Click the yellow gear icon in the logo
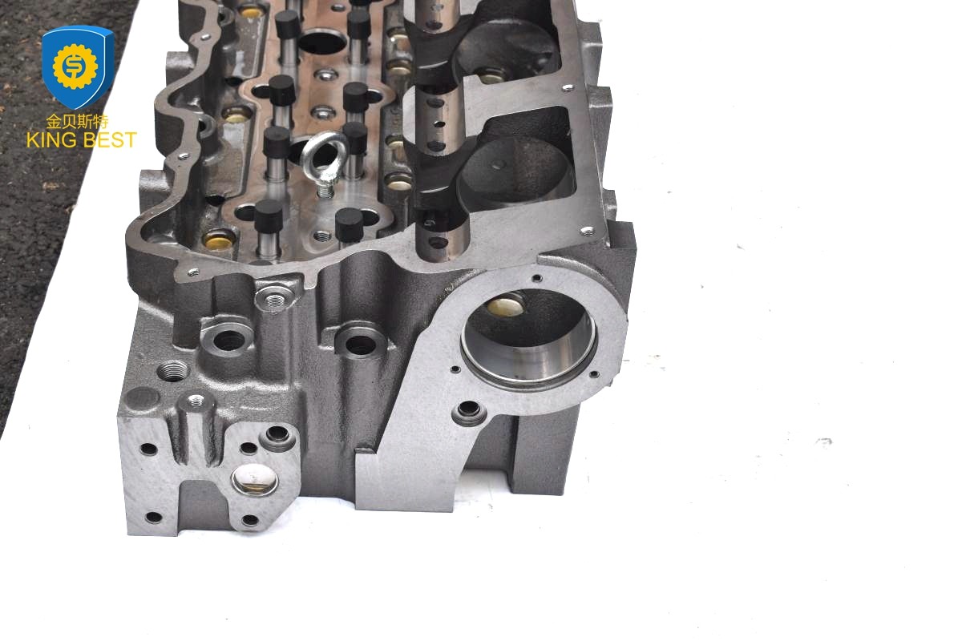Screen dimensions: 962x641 pos(75,67)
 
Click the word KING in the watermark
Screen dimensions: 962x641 pos(51,140)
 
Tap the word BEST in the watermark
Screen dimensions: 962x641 pos(110,140)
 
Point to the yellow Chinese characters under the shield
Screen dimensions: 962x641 pos(77,122)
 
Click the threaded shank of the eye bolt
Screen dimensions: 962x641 pos(325,190)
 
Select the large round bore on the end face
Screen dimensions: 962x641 pos(528,338)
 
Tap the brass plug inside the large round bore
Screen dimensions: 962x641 pos(505,306)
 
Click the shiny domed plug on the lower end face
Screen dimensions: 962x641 pos(255,480)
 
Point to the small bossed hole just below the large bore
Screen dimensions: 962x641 pos(469,412)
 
